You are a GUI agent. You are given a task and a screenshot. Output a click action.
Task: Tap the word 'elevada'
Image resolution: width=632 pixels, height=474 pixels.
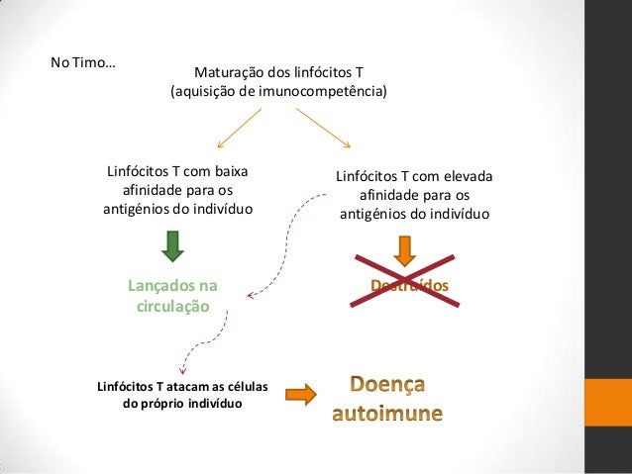click(x=462, y=177)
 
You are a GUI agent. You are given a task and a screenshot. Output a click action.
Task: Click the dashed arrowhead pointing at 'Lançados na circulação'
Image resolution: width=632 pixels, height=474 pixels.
click(x=252, y=294)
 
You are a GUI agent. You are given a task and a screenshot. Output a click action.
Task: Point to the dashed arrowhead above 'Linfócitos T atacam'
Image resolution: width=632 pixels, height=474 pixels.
click(x=178, y=367)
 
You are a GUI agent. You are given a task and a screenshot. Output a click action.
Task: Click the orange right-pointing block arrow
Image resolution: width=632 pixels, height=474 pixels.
click(x=300, y=394)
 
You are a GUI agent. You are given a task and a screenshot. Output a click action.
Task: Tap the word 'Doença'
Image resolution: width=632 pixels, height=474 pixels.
click(x=387, y=382)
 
